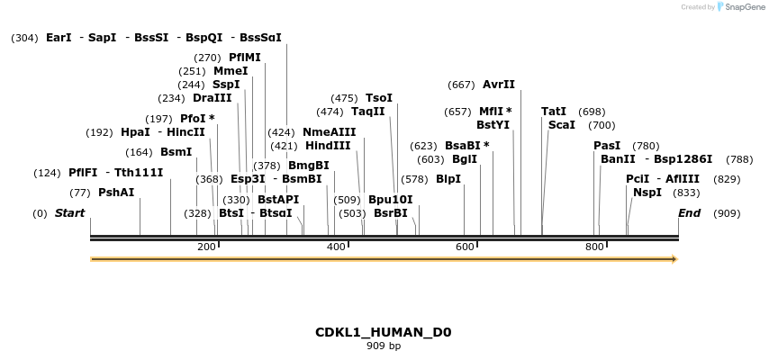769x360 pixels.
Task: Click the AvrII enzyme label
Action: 499,85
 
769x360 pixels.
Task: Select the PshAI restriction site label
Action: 116,193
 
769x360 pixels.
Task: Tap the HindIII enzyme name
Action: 328,146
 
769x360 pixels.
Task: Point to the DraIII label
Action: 212,98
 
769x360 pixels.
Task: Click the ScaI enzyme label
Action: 561,125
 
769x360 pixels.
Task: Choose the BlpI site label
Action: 448,179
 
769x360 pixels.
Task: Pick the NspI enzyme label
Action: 647,193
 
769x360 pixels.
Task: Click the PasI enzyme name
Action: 607,146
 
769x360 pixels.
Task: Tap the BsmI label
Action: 176,152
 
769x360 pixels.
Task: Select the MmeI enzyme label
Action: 231,71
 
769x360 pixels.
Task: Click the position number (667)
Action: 461,85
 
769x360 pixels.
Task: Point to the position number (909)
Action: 727,213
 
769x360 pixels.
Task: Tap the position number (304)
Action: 24,38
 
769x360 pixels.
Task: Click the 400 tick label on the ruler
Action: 336,247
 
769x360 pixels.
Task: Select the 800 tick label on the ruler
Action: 594,247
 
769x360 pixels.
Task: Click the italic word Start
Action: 69,213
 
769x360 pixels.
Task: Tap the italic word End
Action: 689,213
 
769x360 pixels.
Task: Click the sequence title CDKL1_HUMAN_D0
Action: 383,332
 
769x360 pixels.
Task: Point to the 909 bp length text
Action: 383,346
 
